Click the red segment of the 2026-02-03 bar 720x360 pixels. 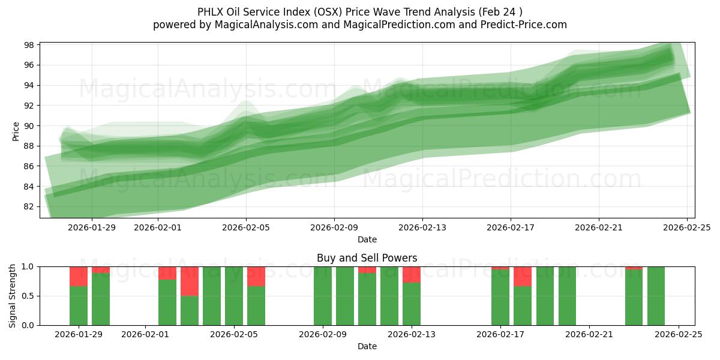coord(190,281)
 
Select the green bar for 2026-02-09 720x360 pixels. coord(323,296)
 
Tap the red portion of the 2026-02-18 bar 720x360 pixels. coord(523,276)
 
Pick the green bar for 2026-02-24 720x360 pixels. coord(656,296)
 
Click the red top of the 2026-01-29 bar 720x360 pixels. coord(79,276)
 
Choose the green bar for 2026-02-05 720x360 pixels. coord(234,296)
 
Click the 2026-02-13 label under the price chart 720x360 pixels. coord(422,227)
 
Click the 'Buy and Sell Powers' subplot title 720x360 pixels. coord(367,259)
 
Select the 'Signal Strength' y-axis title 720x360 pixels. coord(13,296)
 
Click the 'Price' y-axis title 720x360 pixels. coord(16,131)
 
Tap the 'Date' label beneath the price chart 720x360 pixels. coord(367,239)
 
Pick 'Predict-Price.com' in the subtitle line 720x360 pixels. coord(527,25)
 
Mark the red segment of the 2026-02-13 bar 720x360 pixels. coord(412,274)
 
